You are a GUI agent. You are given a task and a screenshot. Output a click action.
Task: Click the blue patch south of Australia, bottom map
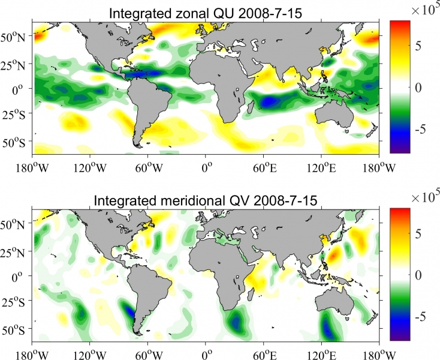pos(329,327)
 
